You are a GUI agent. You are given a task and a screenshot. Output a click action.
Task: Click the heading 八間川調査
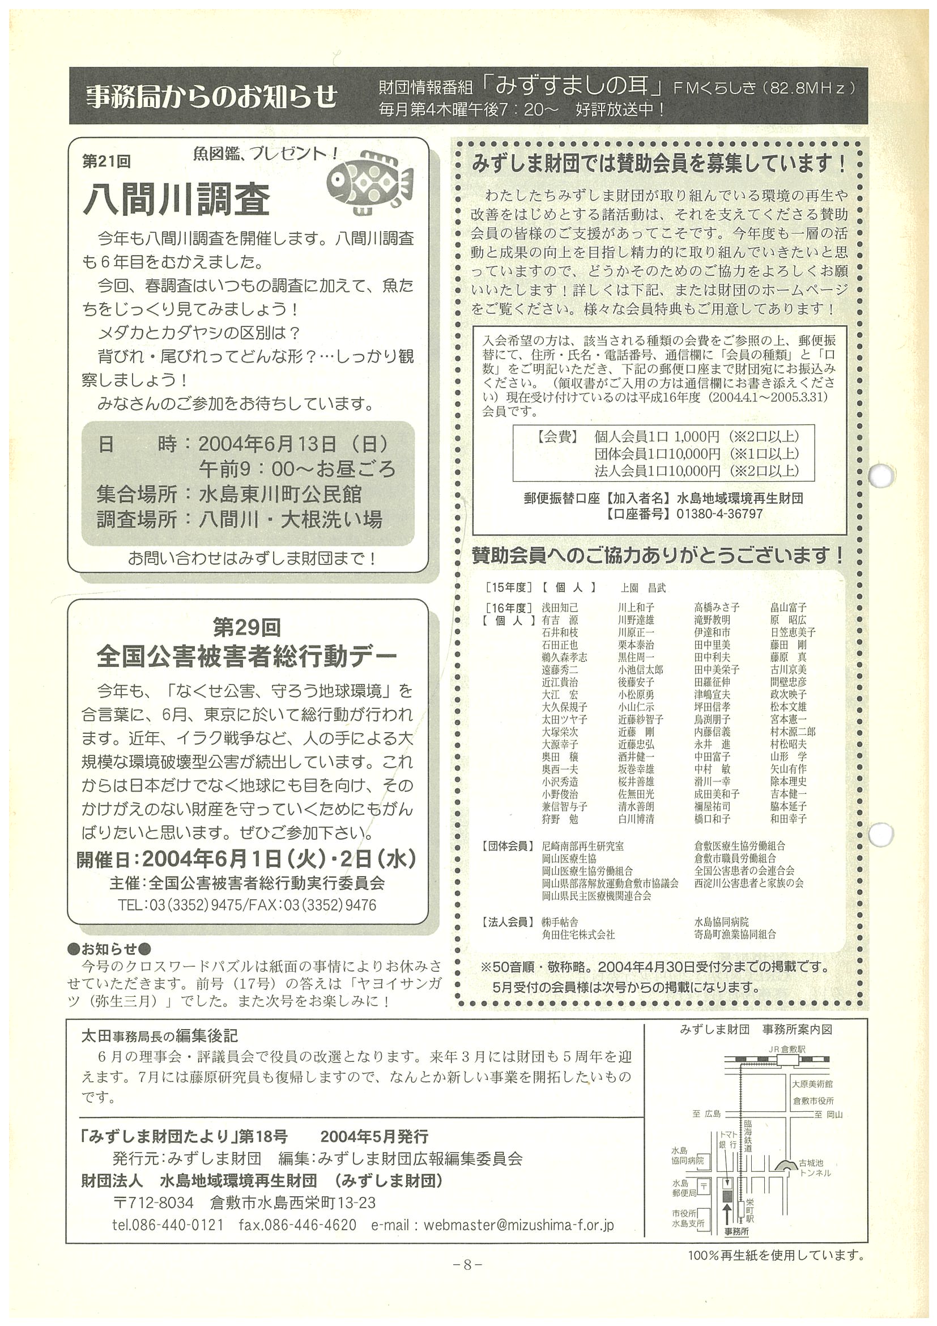point(177,200)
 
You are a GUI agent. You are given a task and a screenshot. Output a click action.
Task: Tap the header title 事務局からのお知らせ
point(211,96)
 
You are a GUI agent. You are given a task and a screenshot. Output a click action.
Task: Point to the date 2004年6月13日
point(267,444)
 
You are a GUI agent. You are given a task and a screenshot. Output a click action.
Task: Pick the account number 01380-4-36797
point(719,513)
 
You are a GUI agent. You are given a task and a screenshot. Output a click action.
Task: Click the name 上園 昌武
point(642,588)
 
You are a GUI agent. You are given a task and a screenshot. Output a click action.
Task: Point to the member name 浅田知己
point(560,607)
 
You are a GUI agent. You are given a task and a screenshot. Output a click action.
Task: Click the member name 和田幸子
point(788,818)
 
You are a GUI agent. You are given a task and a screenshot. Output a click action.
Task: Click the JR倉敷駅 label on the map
point(786,1049)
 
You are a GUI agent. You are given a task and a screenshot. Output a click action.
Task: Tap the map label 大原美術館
point(812,1084)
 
